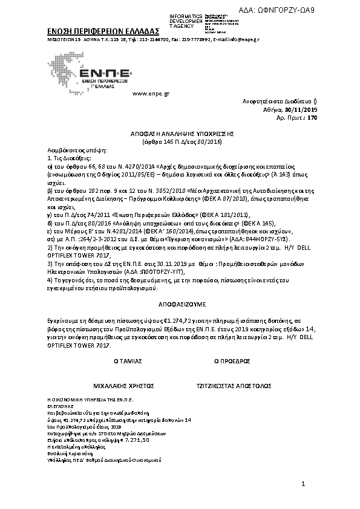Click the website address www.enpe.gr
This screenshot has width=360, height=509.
[150, 94]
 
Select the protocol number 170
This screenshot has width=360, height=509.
[312, 118]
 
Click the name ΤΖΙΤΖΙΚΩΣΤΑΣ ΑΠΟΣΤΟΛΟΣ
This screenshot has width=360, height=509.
[234, 385]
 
